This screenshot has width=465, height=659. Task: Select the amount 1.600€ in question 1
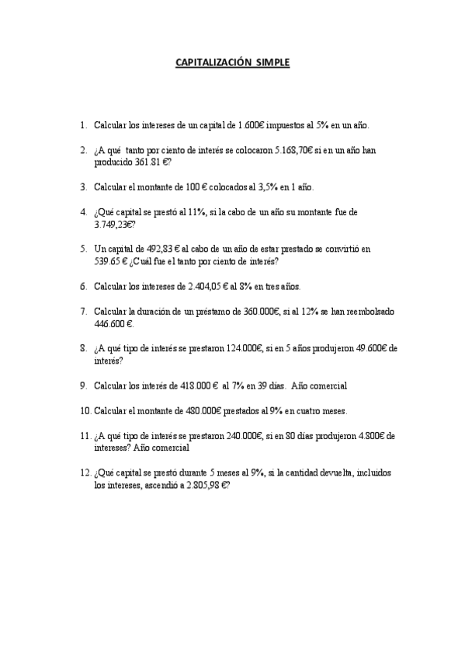[x=248, y=124]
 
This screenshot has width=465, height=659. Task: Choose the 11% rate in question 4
[x=196, y=211]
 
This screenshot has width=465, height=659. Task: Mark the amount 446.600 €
[x=113, y=323]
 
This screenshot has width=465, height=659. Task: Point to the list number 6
[x=82, y=286]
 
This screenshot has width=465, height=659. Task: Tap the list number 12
[x=85, y=473]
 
